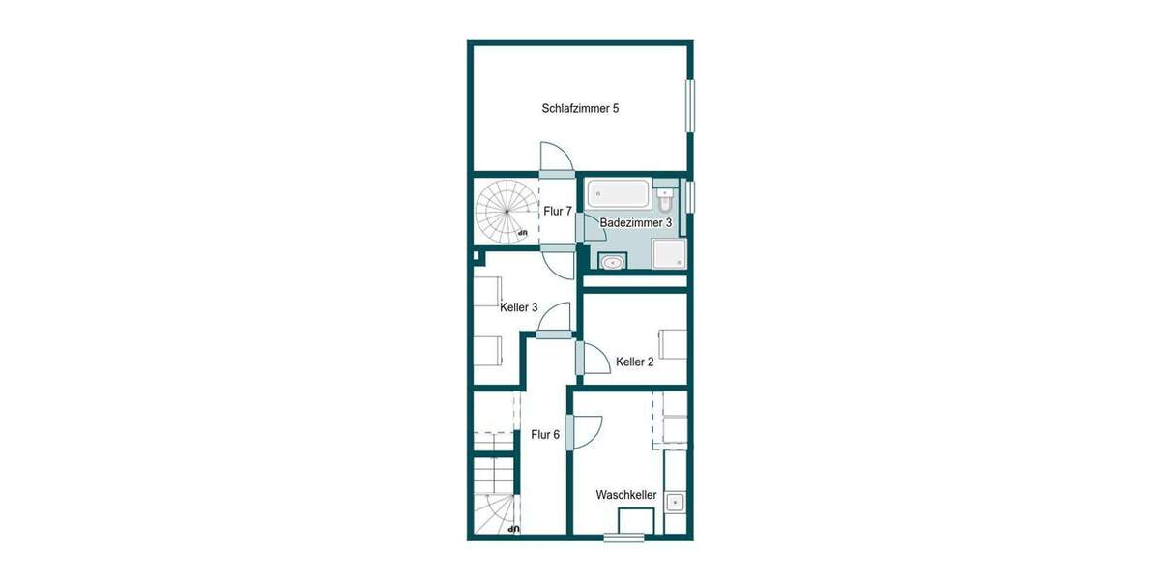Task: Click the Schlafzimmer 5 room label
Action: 580,109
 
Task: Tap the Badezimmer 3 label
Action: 636,222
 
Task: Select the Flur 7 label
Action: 558,211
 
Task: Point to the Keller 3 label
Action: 519,307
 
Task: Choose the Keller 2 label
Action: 635,362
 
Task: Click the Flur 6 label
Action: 545,435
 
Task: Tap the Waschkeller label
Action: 626,495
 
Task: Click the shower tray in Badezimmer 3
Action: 669,253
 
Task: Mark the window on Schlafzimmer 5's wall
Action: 690,106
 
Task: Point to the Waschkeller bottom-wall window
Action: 623,537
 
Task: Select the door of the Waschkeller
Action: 570,431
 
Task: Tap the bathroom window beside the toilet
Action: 690,195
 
